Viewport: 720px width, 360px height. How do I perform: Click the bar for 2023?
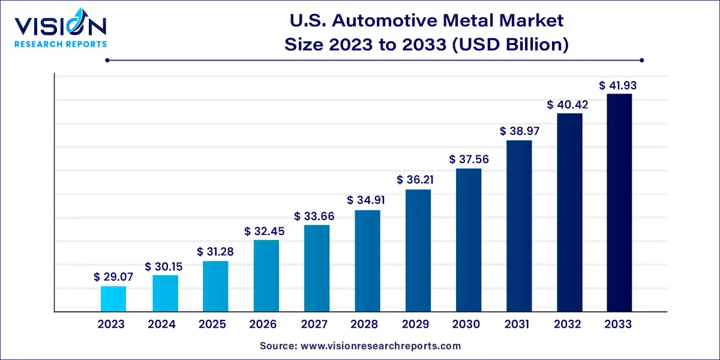[x=113, y=299]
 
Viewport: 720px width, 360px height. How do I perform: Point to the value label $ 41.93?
[x=618, y=86]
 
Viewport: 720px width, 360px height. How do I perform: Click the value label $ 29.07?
[x=113, y=277]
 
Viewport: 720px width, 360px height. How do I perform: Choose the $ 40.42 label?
[x=568, y=105]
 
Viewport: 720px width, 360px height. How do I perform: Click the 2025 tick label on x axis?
[x=213, y=325]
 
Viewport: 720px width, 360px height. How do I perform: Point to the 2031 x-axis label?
[x=517, y=325]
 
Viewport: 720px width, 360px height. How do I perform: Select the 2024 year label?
[x=162, y=325]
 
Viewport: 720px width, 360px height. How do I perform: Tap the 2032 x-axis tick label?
[x=568, y=325]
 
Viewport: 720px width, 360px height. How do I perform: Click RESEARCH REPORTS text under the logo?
[x=60, y=44]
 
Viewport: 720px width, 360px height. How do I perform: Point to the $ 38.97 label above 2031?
[x=517, y=131]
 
